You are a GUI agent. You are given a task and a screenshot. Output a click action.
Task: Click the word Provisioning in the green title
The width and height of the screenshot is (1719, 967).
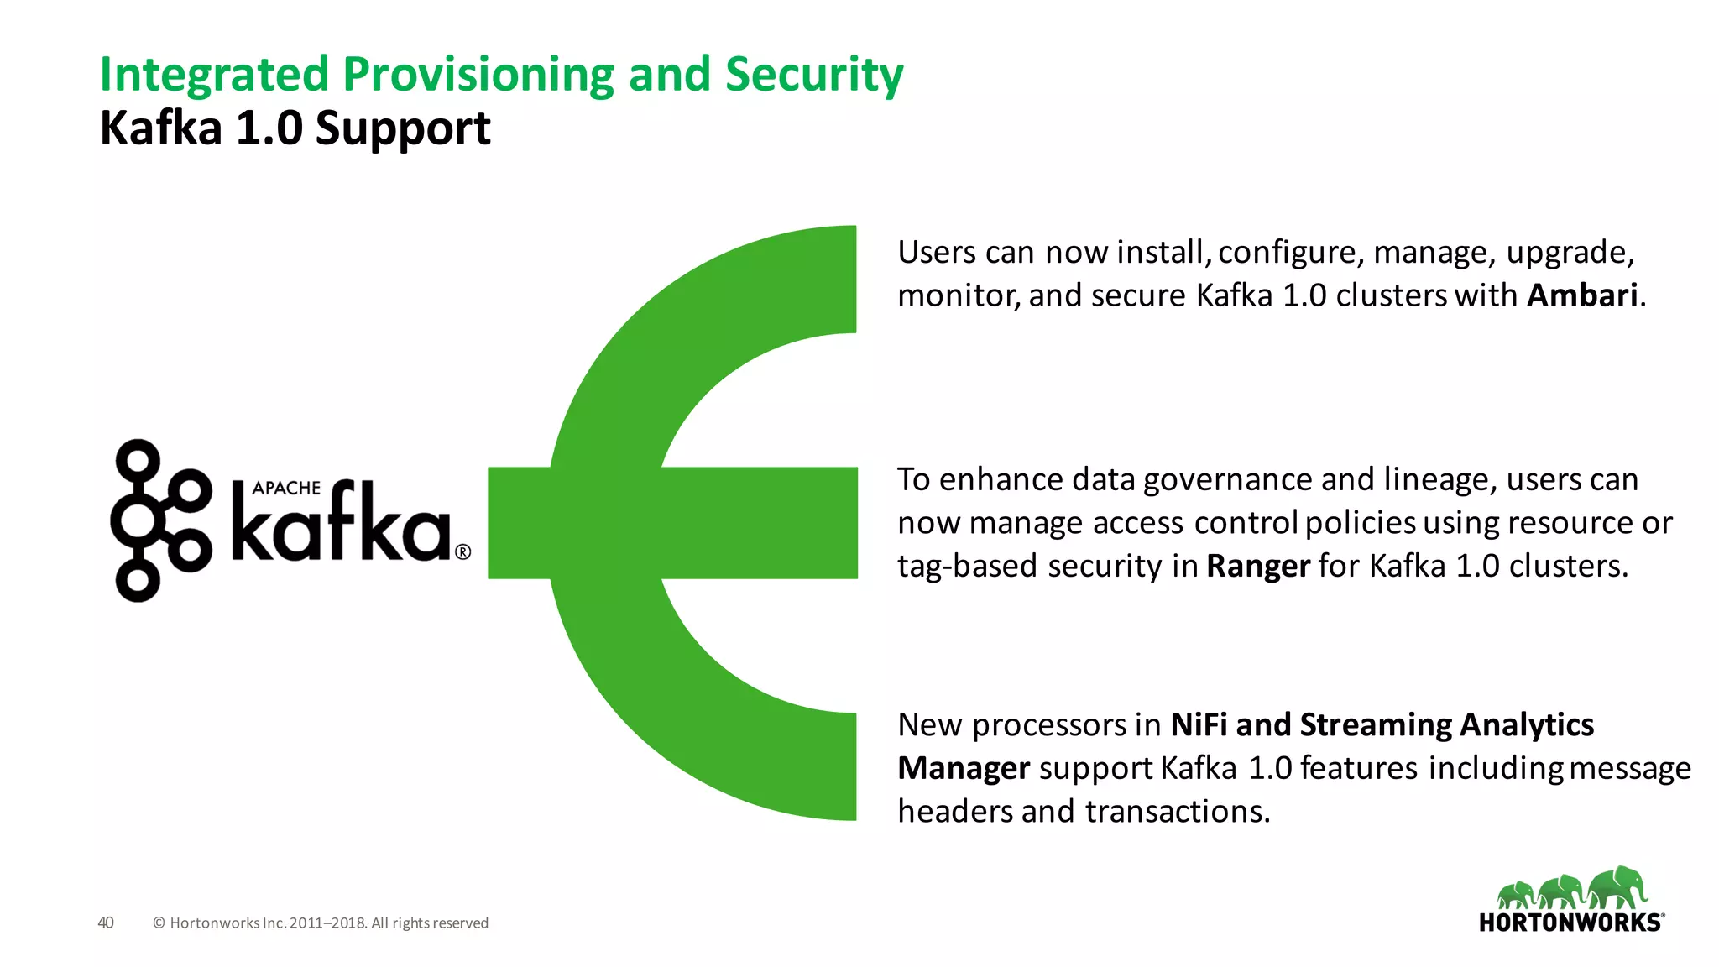478,75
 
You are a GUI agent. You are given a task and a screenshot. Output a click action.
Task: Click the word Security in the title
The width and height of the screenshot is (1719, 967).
813,75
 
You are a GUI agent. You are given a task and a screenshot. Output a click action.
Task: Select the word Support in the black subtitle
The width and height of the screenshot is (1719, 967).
403,128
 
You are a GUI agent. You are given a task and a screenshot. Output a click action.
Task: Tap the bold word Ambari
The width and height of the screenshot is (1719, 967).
1581,295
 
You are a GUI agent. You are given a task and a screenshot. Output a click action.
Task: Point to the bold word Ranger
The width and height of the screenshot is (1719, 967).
1257,567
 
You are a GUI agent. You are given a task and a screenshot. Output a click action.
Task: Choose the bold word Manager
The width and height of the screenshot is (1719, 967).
963,768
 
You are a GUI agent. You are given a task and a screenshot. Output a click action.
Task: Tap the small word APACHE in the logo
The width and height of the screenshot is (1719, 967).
286,488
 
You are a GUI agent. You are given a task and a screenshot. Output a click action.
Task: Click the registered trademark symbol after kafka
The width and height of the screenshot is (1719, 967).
462,551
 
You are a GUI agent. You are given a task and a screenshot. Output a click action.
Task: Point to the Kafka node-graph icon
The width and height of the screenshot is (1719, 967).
159,520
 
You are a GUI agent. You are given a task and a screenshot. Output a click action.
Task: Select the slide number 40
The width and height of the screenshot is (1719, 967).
106,923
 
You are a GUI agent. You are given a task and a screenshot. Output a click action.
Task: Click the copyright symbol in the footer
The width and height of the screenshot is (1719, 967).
159,923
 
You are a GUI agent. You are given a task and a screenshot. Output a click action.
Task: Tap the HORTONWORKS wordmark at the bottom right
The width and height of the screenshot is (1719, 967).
1570,923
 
